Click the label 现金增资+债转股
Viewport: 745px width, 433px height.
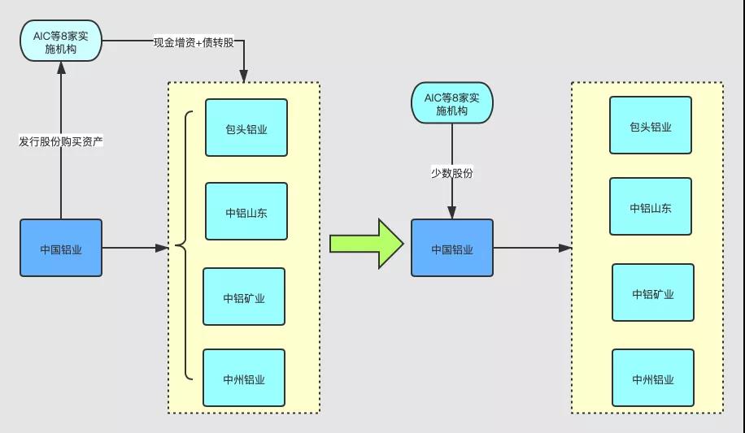194,41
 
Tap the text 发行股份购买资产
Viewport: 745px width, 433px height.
61,141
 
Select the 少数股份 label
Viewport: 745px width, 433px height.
451,172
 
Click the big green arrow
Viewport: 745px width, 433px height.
366,243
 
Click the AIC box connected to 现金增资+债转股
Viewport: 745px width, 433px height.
61,41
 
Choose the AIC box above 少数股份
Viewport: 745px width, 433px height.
451,103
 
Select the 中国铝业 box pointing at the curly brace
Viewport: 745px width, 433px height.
61,248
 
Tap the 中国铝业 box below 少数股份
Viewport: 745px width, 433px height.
451,248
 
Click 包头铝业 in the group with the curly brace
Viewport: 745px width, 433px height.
246,128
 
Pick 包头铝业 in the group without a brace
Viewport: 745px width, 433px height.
651,126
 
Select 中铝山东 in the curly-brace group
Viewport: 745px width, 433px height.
246,211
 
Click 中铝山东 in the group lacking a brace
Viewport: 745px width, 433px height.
651,207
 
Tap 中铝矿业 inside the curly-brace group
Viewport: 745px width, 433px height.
244,297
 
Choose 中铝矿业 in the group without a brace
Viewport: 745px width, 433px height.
653,292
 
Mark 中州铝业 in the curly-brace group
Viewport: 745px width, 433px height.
244,378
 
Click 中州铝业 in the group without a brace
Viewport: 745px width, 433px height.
653,378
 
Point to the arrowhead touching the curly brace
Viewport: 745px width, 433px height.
163,247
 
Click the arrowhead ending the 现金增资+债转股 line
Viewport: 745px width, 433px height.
243,76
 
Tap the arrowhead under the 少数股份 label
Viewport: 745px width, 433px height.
451,214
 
